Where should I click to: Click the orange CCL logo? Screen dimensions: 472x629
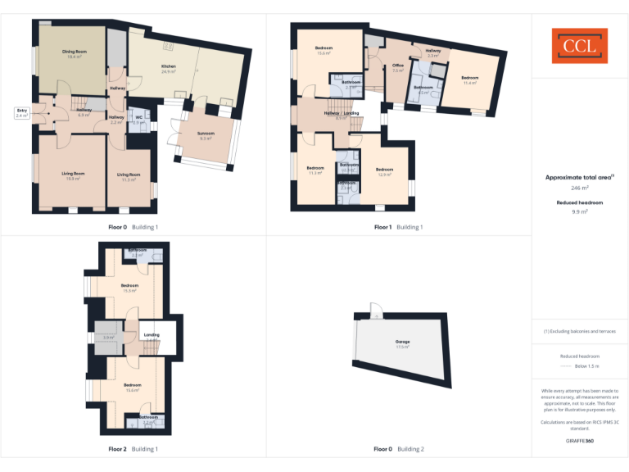(579, 46)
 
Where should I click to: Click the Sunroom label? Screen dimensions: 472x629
(206, 135)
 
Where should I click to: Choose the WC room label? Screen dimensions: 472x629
(138, 120)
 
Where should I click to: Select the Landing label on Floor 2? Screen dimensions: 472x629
(152, 335)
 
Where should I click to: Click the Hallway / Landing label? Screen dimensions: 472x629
(342, 114)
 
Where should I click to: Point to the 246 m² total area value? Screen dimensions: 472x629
(579, 188)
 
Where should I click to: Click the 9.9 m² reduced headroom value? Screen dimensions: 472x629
(579, 211)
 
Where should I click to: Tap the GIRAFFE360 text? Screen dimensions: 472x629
(579, 441)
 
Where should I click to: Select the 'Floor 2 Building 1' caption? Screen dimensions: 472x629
(133, 449)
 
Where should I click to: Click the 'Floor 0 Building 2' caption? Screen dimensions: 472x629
(399, 449)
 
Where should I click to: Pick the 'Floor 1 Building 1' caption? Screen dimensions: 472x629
(398, 227)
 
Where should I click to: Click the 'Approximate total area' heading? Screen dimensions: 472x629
(579, 177)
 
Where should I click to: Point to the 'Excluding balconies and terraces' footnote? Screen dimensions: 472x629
(579, 331)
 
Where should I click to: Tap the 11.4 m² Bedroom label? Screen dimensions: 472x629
(470, 80)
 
